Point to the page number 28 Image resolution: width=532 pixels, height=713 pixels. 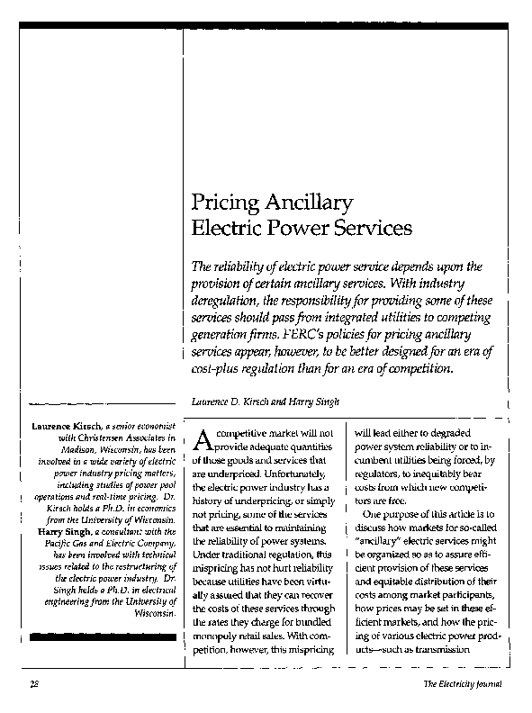click(33, 686)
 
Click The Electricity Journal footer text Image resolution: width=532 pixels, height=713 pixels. click(463, 686)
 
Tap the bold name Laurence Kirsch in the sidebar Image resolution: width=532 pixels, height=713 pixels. click(65, 423)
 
